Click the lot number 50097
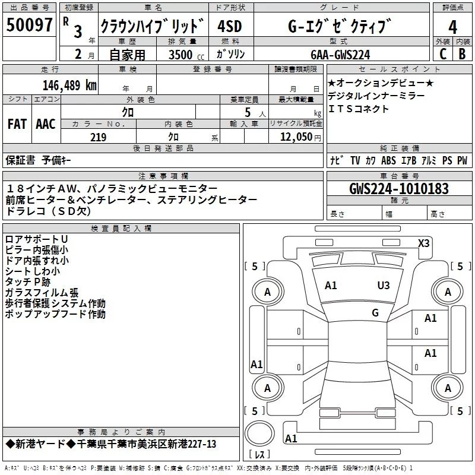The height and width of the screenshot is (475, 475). (30, 26)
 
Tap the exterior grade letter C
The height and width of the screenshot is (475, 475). (442, 53)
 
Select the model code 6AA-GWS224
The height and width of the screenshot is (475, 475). (340, 55)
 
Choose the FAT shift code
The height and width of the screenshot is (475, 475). (17, 123)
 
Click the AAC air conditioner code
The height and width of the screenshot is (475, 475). (45, 123)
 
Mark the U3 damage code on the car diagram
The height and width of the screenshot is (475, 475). (384, 286)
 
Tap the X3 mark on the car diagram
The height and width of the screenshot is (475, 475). (424, 243)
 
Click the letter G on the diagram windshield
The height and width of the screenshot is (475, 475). (375, 313)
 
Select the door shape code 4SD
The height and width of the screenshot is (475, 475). (230, 27)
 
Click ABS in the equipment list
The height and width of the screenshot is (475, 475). (388, 160)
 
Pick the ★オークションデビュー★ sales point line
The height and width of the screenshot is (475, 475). (381, 83)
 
